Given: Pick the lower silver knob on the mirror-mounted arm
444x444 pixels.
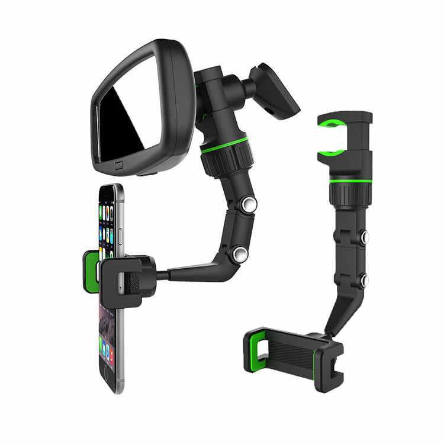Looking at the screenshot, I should pos(240,254).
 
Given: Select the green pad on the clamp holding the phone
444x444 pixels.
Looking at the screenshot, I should pos(91,272).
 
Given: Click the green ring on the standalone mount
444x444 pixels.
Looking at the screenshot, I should pos(350,180).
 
